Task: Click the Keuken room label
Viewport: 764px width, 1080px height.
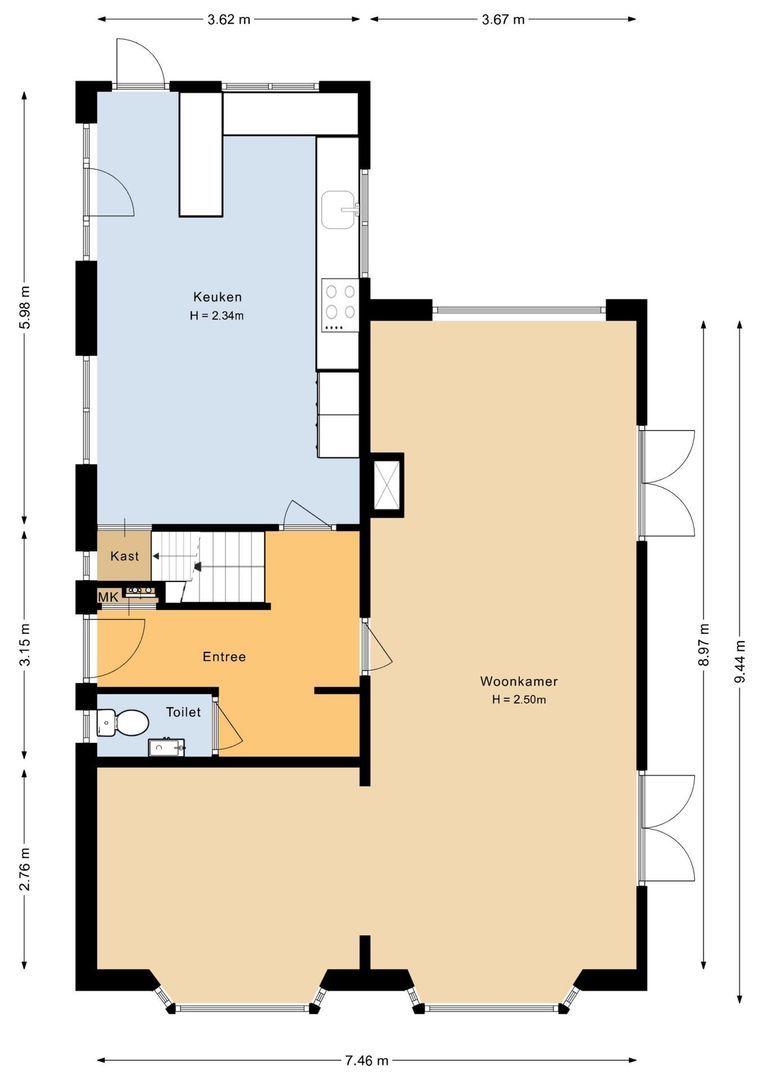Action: pyautogui.click(x=217, y=297)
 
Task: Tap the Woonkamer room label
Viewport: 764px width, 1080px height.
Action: pyautogui.click(x=518, y=681)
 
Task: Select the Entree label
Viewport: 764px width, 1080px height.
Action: pyautogui.click(x=224, y=657)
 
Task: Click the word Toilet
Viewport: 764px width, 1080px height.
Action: pyautogui.click(x=183, y=712)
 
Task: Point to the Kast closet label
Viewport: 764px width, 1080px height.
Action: pyautogui.click(x=124, y=556)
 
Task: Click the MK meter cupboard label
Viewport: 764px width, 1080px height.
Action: pyautogui.click(x=107, y=597)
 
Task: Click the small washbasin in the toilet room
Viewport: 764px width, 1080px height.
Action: pyautogui.click(x=164, y=746)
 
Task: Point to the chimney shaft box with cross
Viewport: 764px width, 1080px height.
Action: pyautogui.click(x=385, y=484)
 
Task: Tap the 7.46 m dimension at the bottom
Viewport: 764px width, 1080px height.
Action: pyautogui.click(x=366, y=1060)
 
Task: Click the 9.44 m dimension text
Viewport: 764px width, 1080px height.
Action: pyautogui.click(x=740, y=662)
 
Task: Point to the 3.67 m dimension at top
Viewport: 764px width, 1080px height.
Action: pyautogui.click(x=503, y=19)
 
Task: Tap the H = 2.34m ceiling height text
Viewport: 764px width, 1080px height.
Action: pyautogui.click(x=217, y=315)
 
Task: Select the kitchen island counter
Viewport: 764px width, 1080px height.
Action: pyautogui.click(x=200, y=154)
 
